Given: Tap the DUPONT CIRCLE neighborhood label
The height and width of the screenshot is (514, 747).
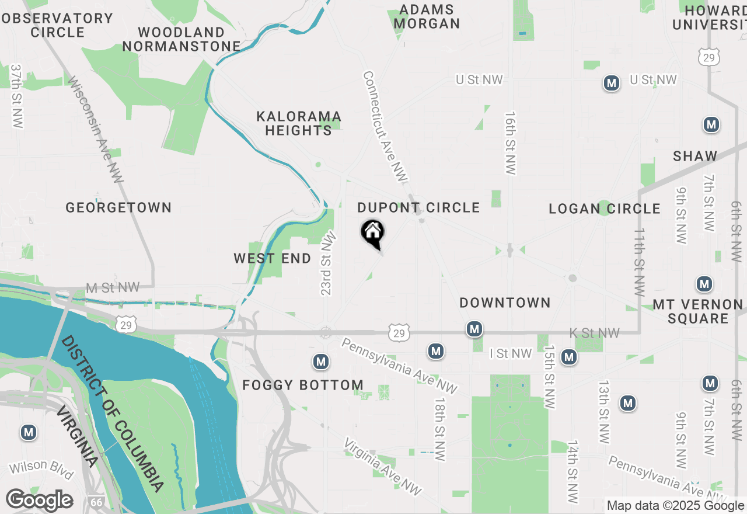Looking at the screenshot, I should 418,207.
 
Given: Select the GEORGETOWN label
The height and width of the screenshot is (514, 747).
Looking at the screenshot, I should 118,207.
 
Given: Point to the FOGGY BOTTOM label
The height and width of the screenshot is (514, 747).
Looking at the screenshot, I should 303,385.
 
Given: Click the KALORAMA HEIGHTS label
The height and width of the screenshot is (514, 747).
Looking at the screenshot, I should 299,123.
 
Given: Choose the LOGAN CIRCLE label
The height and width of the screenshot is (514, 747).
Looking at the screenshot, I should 605,209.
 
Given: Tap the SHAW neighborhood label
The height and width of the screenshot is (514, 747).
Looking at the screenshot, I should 694,156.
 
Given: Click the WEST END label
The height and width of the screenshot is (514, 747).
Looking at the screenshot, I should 273,258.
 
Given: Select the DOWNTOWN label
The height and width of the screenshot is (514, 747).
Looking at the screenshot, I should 505,303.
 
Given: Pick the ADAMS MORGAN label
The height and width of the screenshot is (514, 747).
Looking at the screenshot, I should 427,17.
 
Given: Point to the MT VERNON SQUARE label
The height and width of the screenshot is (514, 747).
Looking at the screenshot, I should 697,311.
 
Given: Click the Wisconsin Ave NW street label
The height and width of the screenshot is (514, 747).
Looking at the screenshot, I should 96,129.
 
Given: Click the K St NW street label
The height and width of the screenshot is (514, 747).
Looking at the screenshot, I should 595,333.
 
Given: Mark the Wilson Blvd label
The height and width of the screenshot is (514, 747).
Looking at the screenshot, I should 41,468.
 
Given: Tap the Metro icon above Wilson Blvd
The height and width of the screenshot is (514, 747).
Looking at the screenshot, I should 28,433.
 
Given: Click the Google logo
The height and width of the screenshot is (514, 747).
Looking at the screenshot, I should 39,500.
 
